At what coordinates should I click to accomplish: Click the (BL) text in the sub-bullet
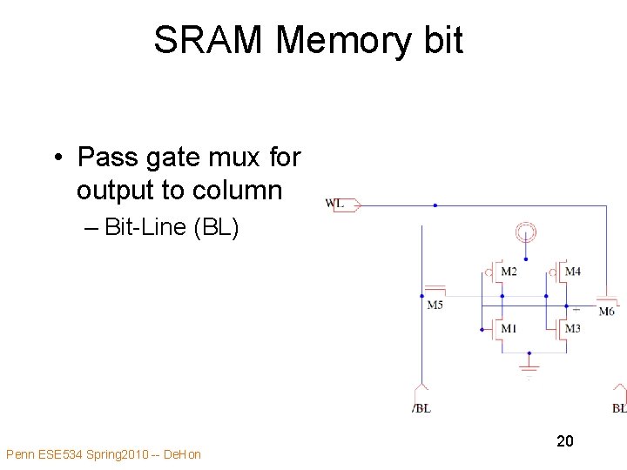[215, 227]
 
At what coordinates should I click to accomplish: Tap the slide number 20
[565, 441]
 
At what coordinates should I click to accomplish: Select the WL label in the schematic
[334, 204]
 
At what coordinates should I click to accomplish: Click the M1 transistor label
[509, 329]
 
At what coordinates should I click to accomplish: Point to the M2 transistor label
[509, 272]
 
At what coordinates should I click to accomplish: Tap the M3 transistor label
[572, 329]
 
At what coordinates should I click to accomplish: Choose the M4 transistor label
[572, 272]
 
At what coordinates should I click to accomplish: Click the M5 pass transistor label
[435, 305]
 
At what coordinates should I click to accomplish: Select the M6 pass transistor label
[606, 312]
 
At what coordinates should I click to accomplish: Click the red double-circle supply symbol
[525, 232]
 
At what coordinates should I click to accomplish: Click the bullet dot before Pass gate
[56, 158]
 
